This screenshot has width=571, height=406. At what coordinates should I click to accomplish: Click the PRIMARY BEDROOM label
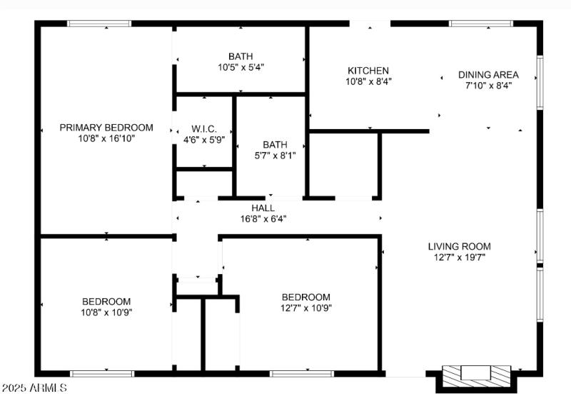(x=106, y=128)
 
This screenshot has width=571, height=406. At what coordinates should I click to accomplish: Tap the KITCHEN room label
(x=368, y=71)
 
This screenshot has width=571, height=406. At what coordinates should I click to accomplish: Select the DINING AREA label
(x=488, y=74)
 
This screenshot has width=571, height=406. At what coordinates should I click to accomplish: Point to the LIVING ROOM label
(x=459, y=246)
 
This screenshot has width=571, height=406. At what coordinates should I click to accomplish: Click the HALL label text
(x=263, y=208)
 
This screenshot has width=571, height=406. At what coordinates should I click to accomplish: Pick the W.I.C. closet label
(x=203, y=129)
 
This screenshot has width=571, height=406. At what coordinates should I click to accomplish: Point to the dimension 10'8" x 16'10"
(x=106, y=138)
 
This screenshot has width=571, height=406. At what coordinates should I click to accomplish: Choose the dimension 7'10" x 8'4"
(x=488, y=85)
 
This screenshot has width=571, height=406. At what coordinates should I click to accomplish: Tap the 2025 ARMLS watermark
(x=34, y=388)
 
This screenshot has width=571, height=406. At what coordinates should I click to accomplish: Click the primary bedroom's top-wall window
(x=99, y=24)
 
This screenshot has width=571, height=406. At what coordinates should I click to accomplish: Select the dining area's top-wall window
(x=480, y=24)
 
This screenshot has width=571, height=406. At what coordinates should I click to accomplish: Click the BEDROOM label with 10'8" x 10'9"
(x=106, y=301)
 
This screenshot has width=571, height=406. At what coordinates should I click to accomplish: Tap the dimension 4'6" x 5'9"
(x=203, y=140)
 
